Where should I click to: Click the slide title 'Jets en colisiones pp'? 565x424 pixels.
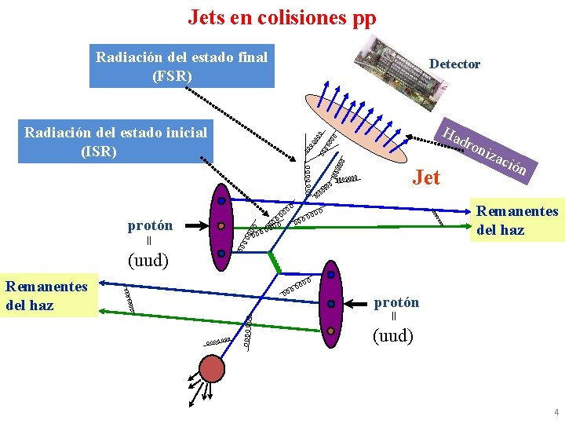(282, 17)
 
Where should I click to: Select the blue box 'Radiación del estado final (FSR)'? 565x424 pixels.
(182, 66)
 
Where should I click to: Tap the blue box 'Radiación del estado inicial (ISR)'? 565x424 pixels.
(116, 142)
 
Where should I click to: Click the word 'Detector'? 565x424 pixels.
(454, 64)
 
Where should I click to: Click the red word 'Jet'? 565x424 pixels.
(426, 177)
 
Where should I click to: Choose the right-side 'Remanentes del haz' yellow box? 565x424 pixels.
(516, 221)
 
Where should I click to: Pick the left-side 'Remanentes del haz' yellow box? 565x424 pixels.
(47, 295)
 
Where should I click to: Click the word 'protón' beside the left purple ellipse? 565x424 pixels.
(150, 226)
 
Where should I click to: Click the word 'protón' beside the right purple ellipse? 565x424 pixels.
(396, 302)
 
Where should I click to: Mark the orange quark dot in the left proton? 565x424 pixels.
(221, 226)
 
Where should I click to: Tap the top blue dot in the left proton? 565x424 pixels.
(222, 202)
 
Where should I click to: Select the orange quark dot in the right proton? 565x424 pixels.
(331, 331)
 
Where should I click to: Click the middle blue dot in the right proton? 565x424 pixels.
(331, 303)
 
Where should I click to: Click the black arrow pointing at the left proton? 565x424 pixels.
(193, 226)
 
